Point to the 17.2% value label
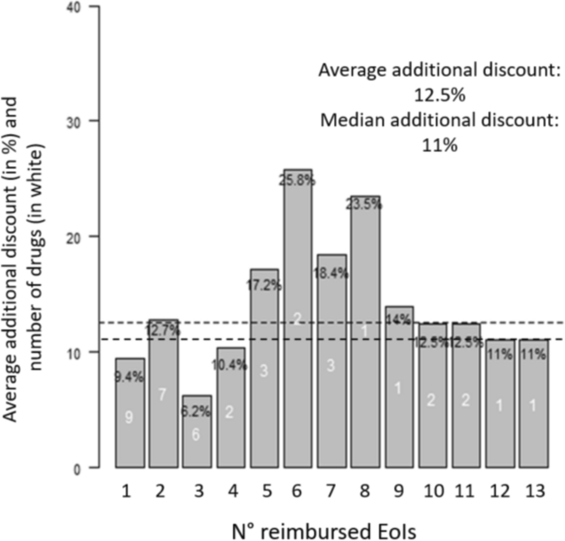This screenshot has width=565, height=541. pyautogui.click(x=263, y=286)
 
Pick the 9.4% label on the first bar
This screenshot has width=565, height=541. pyautogui.click(x=128, y=377)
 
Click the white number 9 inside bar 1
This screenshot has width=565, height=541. pyautogui.click(x=129, y=417)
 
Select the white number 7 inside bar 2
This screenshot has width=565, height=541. pyautogui.click(x=163, y=394)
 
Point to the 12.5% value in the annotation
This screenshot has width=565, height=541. pyautogui.click(x=439, y=95)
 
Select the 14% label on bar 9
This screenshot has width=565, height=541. pyautogui.click(x=398, y=319)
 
